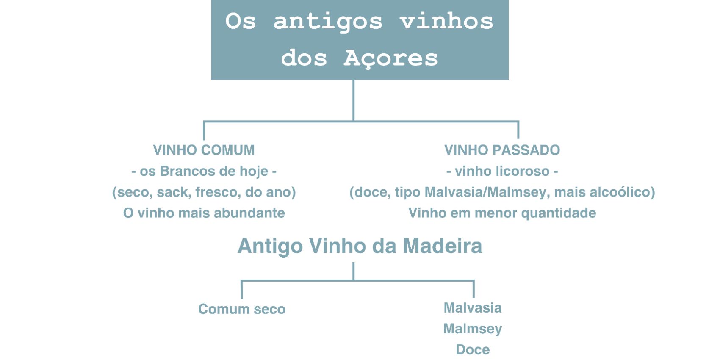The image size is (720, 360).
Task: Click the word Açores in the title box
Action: point(390,58)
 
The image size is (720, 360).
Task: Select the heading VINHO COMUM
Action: point(204,150)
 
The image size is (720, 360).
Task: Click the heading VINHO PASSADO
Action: point(502,150)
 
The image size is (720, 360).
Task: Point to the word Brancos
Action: point(187,171)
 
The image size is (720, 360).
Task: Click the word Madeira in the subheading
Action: point(442,246)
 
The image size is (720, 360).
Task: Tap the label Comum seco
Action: point(242,309)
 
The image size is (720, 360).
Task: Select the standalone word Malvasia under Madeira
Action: point(473,308)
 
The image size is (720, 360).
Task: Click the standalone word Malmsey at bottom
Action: point(473,329)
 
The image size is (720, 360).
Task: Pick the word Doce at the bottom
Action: point(473,350)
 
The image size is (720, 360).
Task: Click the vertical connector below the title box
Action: point(354,100)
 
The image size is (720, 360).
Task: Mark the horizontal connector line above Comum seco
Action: point(358,281)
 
